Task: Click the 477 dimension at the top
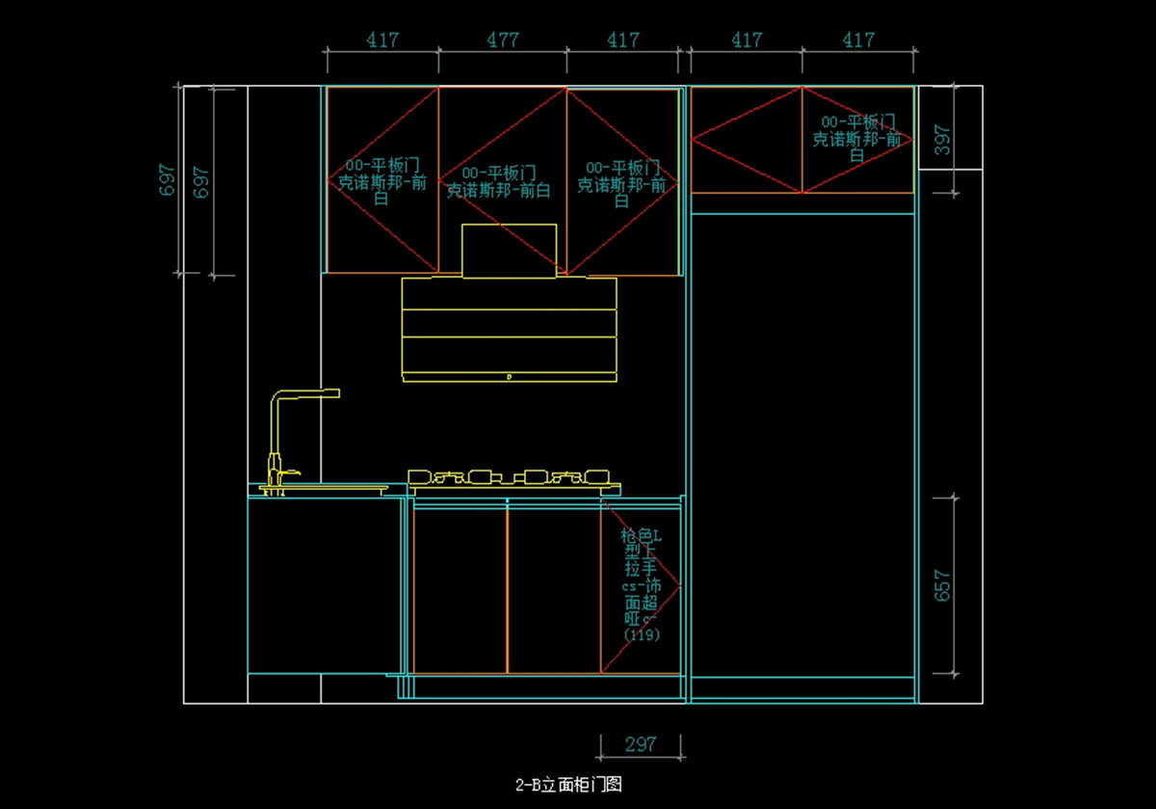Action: [502, 40]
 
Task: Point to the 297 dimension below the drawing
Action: [641, 744]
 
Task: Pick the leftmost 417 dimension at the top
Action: [382, 40]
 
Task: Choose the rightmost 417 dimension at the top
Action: [857, 40]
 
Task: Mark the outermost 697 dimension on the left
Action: [168, 180]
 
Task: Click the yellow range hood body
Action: [509, 328]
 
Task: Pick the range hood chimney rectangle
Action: [509, 251]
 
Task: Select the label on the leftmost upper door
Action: [381, 182]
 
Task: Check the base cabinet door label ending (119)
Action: [642, 585]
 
